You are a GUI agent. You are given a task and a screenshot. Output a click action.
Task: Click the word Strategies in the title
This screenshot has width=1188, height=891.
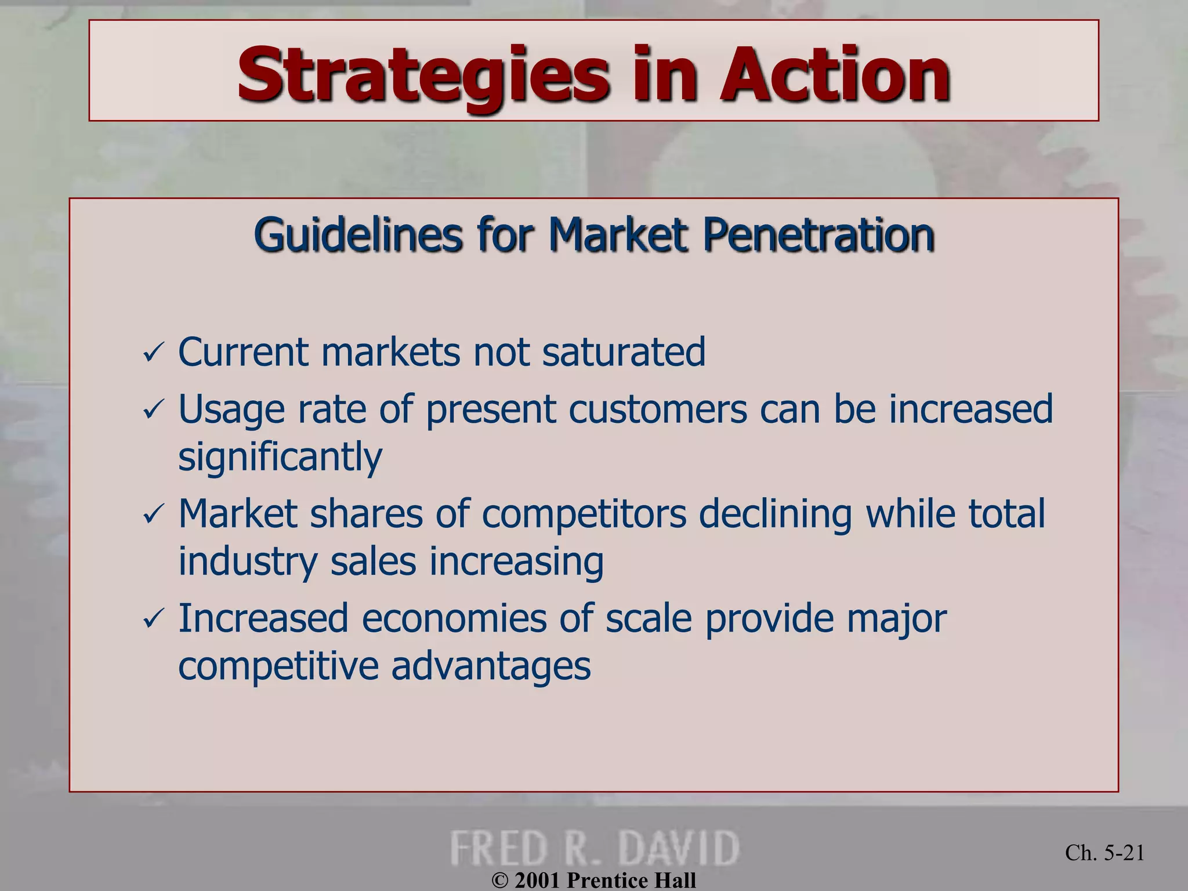pos(423,75)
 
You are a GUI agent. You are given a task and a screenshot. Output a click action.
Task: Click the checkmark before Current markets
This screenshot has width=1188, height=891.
pos(154,353)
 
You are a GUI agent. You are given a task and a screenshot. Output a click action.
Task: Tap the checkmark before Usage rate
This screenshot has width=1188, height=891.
pos(154,411)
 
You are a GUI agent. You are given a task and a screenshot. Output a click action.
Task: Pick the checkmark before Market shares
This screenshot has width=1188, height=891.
pos(154,515)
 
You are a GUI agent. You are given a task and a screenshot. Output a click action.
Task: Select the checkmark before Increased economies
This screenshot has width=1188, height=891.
pos(154,620)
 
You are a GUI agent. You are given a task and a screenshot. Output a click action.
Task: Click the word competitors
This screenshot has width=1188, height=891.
pos(584,515)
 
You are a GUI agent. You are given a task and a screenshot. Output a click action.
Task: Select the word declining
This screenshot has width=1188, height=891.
pos(775,515)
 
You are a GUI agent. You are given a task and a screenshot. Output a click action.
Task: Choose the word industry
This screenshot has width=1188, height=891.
pos(248,562)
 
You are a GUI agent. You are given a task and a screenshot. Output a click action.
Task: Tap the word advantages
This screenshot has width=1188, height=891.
pos(491,666)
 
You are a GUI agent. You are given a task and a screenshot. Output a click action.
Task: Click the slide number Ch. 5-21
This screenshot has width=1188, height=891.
pos(1104,852)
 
